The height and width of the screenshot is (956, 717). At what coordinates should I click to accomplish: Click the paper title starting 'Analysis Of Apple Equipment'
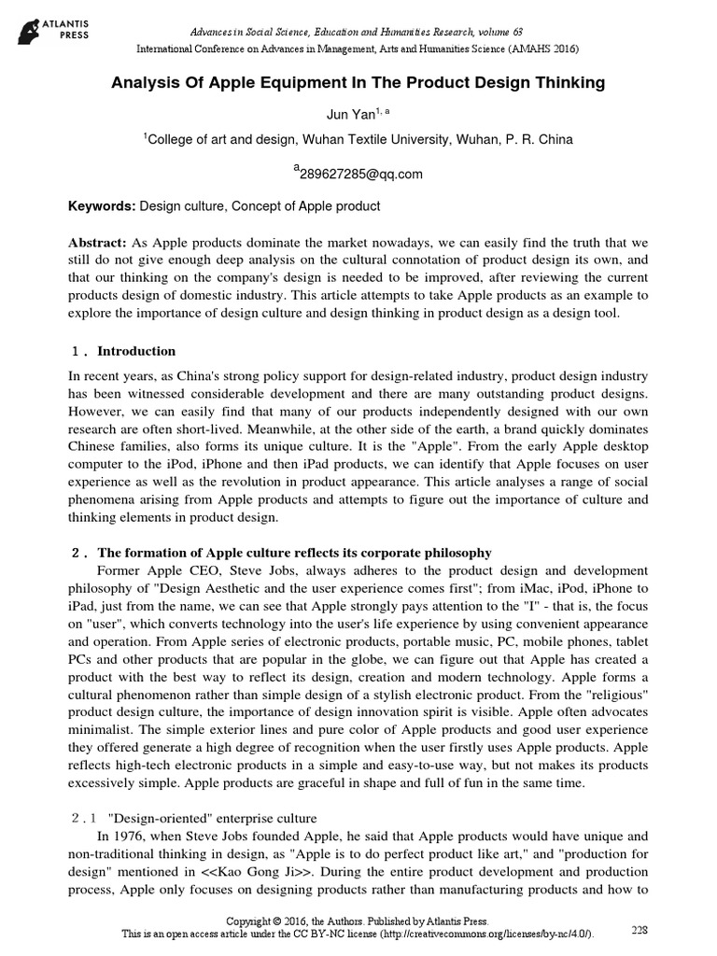[x=358, y=83]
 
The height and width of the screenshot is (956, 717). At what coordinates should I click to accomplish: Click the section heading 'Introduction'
[x=136, y=351]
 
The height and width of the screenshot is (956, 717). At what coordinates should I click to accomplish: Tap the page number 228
[x=640, y=930]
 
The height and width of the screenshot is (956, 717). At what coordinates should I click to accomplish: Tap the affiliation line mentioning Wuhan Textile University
[x=358, y=139]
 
